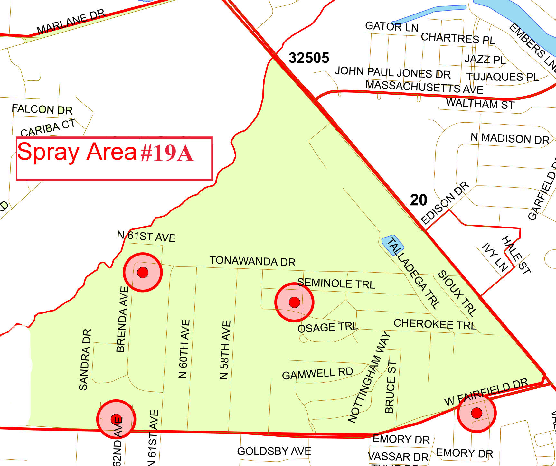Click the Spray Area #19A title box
(x=114, y=158)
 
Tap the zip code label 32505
(x=309, y=58)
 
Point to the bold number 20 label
(x=419, y=200)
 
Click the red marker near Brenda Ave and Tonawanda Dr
(x=143, y=273)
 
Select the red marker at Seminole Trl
(x=294, y=302)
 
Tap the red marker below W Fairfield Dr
(x=476, y=413)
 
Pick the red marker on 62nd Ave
(x=116, y=419)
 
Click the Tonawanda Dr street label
(x=252, y=261)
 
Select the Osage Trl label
(x=327, y=327)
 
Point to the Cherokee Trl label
(x=435, y=324)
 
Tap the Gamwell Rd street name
(x=317, y=374)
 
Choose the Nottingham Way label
(x=369, y=377)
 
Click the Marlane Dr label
(x=71, y=22)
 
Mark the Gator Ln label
(x=391, y=27)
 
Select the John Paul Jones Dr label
(x=392, y=72)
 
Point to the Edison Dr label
(x=445, y=203)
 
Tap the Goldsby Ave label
(x=274, y=451)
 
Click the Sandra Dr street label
(x=85, y=359)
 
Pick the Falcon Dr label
(x=42, y=109)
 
